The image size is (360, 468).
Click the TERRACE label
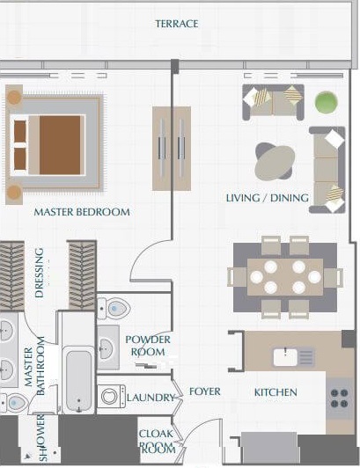click(x=177, y=23)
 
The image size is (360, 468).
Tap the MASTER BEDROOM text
click(x=82, y=212)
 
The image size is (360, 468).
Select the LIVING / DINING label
click(x=267, y=197)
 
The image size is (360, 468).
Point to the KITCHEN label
click(x=276, y=392)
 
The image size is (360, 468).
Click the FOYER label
click(x=205, y=391)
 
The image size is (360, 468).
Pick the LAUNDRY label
click(x=151, y=399)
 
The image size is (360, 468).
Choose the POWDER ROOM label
click(x=148, y=346)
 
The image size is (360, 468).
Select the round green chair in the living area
click(x=326, y=102)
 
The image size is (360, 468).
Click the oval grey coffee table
click(x=275, y=162)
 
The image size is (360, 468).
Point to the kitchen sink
click(x=293, y=356)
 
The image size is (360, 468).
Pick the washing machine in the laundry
click(x=112, y=398)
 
